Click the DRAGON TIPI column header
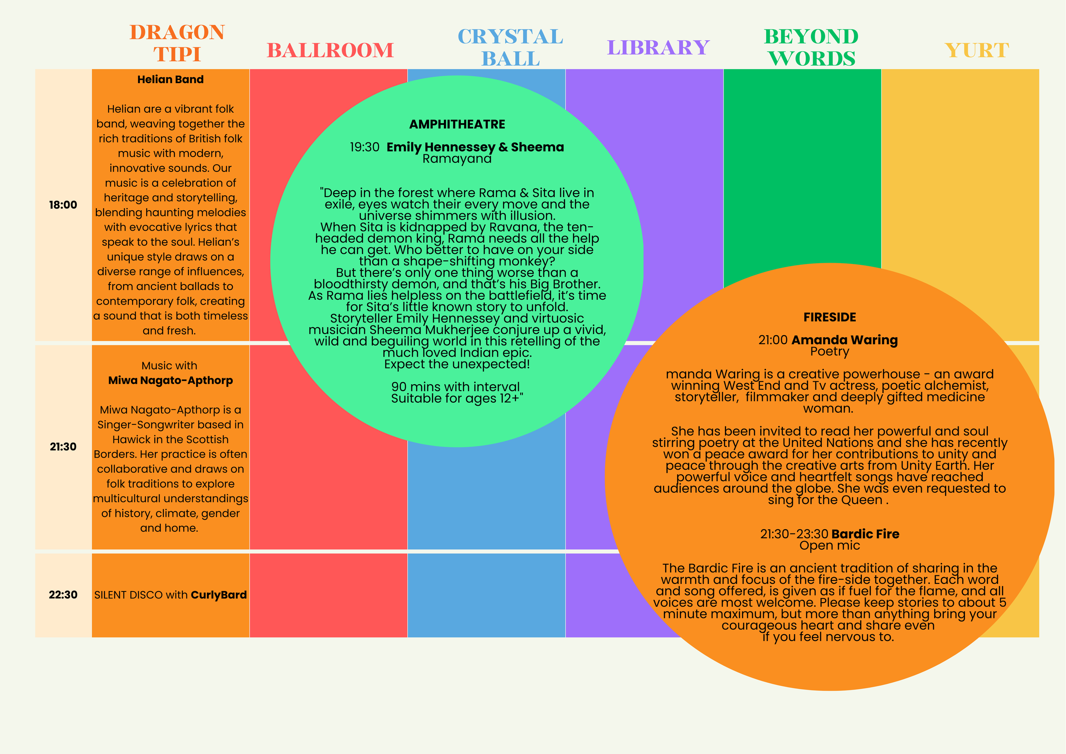click(x=177, y=43)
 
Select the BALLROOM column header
click(x=330, y=50)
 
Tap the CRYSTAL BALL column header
click(x=510, y=47)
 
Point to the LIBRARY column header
click(x=658, y=47)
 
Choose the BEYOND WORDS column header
click(x=811, y=47)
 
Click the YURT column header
click(x=977, y=50)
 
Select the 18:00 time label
click(x=63, y=205)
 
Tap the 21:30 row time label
click(x=63, y=447)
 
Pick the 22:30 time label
click(x=63, y=595)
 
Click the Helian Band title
click(x=171, y=79)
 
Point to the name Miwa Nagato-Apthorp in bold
click(x=171, y=380)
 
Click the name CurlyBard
click(x=219, y=595)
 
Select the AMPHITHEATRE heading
click(x=457, y=124)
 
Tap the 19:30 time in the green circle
click(x=365, y=147)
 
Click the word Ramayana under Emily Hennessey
click(x=457, y=159)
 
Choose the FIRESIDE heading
click(x=830, y=317)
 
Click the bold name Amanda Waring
click(x=845, y=340)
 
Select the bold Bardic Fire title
click(x=866, y=534)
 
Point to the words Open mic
click(x=830, y=545)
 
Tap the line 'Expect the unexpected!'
click(x=457, y=364)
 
